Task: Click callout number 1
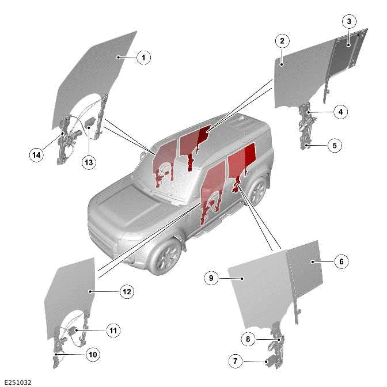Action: [x=143, y=57]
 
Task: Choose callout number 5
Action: [x=335, y=146]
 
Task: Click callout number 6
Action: [x=340, y=261]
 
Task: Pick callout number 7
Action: [x=235, y=362]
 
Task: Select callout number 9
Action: [x=211, y=278]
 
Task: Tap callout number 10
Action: [x=92, y=354]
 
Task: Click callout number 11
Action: [x=113, y=331]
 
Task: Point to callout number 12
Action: [x=127, y=291]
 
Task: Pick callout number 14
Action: [x=37, y=154]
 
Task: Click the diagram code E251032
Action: [x=17, y=382]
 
